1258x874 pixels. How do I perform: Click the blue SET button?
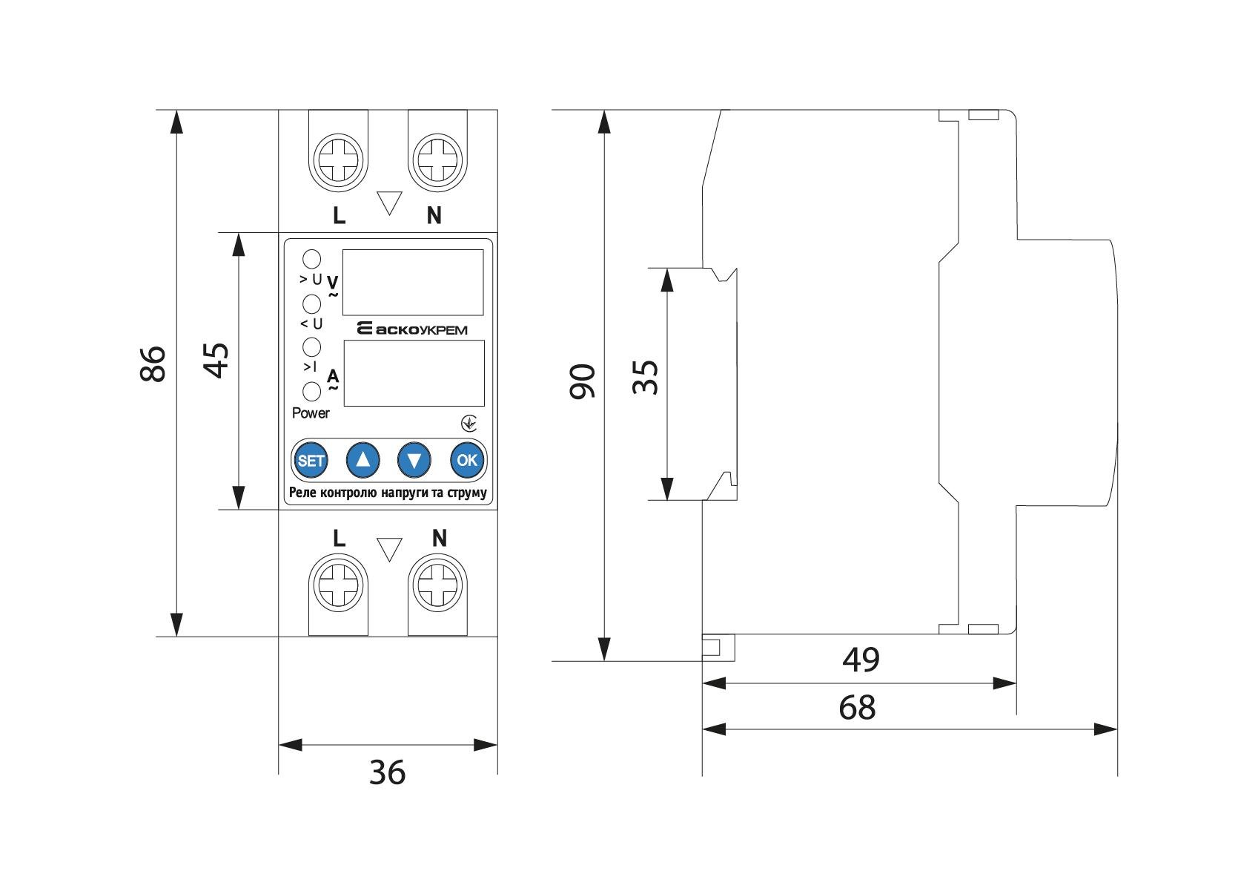(311, 460)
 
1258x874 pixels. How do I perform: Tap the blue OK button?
(467, 460)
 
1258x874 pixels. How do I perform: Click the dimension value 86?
(153, 363)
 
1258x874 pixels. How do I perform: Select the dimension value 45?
(216, 360)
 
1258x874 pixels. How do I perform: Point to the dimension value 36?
(388, 773)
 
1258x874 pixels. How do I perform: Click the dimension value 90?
(583, 381)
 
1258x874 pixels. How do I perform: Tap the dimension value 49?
(861, 659)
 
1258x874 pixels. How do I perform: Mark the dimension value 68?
(858, 708)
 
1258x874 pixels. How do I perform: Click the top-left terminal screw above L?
(338, 158)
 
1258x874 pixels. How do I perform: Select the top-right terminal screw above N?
(438, 158)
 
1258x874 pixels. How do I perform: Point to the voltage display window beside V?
(413, 282)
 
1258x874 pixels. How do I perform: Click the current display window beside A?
(414, 373)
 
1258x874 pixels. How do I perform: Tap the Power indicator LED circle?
(312, 391)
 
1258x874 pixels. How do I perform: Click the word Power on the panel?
(311, 413)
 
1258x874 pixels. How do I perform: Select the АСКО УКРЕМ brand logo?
(412, 329)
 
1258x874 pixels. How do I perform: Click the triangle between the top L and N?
(389, 202)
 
